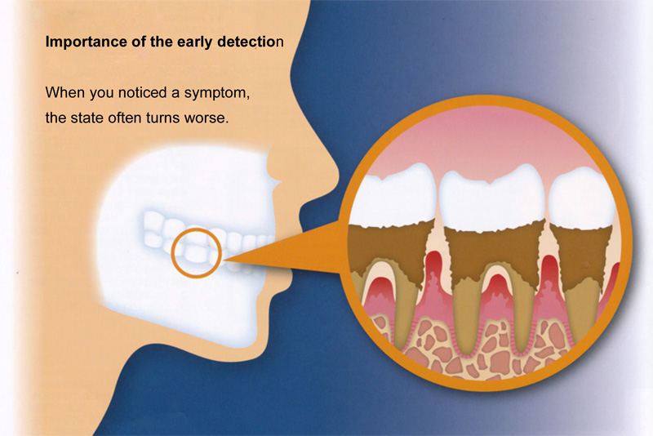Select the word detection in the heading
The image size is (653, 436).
pyautogui.click(x=251, y=42)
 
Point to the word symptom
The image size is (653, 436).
pyautogui.click(x=217, y=93)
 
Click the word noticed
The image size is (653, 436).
pyautogui.click(x=142, y=92)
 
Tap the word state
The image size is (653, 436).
pyautogui.click(x=86, y=118)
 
